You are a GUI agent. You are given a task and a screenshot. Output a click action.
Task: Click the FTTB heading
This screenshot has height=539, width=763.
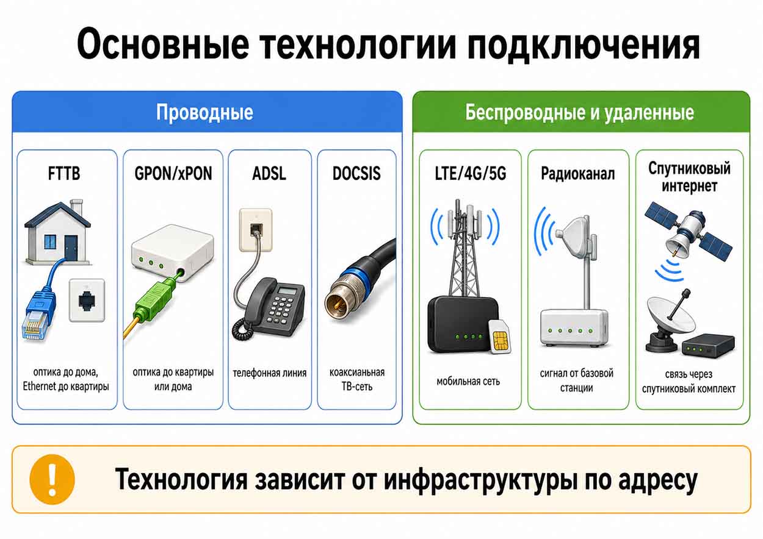pos(64,174)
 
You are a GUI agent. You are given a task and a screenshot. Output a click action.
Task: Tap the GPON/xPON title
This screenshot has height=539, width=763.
pos(173,174)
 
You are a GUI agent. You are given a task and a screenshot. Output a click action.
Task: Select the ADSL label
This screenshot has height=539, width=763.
pos(269,174)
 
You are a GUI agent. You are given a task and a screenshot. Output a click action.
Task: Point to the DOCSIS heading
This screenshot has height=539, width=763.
pos(356,174)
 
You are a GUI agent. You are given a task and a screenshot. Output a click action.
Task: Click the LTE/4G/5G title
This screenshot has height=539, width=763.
pos(471,174)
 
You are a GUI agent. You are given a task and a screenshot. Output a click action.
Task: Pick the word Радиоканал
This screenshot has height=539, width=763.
pos(578,174)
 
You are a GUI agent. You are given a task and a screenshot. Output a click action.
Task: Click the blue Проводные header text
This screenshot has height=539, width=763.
pos(204,112)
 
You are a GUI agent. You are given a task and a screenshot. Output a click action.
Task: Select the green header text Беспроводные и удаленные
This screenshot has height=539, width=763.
pos(579,112)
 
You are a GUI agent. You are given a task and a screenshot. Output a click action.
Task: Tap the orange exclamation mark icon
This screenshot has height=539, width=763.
pos(52,479)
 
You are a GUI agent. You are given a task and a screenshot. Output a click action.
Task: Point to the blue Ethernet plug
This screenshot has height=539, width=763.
pos(37,315)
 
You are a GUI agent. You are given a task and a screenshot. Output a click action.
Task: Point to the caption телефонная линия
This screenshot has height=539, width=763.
pos(269,373)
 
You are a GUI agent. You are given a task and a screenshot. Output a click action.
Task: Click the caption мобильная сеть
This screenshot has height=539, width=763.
pos(468,382)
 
